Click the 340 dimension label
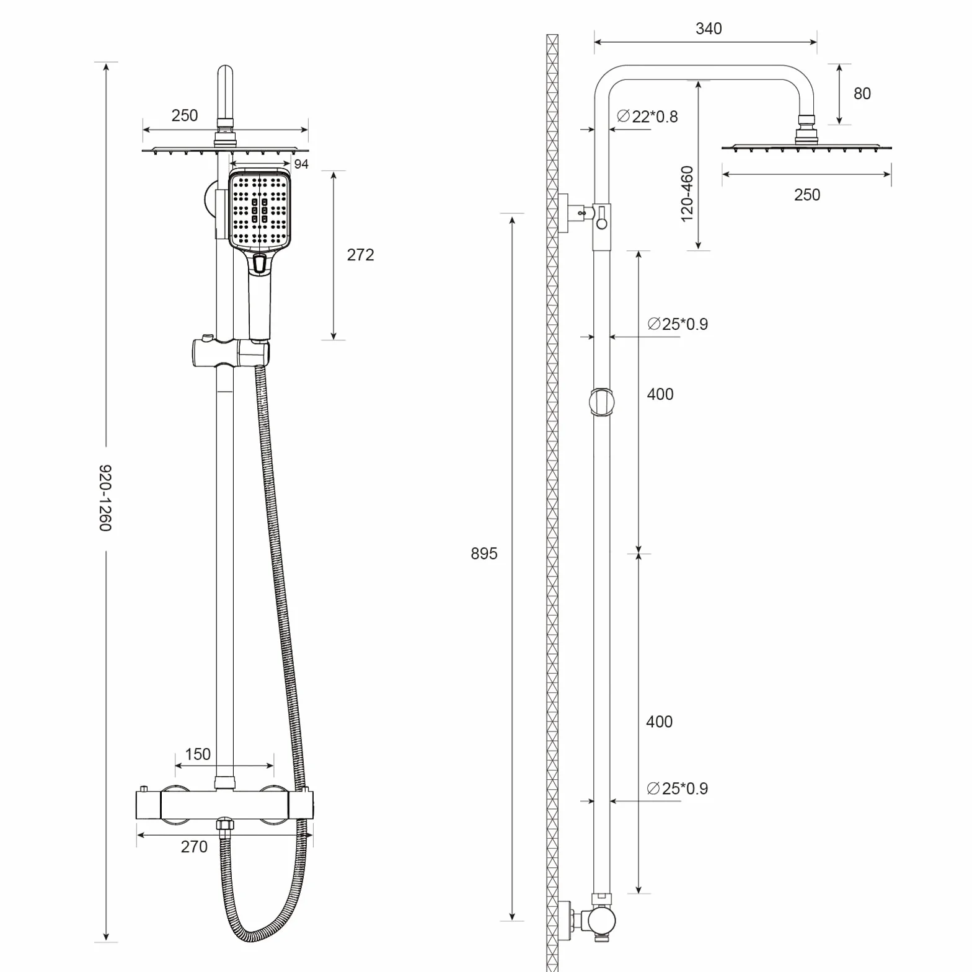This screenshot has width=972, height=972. tap(709, 29)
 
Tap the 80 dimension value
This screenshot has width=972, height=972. tap(862, 94)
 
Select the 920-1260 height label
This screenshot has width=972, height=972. tap(105, 498)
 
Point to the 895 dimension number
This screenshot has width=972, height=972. tap(484, 554)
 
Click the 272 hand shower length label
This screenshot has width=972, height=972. tap(360, 255)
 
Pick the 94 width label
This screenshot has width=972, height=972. tap(301, 164)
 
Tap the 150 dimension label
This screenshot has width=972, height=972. tap(198, 754)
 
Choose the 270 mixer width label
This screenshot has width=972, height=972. tap(194, 847)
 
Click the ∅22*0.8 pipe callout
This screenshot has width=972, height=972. tap(648, 117)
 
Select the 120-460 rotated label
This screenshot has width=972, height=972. tap(687, 194)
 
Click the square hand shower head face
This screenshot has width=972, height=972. tap(260, 211)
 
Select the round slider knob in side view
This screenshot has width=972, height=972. tap(601, 402)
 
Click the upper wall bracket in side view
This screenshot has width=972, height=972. tap(583, 214)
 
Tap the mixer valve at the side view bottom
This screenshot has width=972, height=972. tap(593, 920)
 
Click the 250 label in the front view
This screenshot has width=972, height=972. tap(185, 116)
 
